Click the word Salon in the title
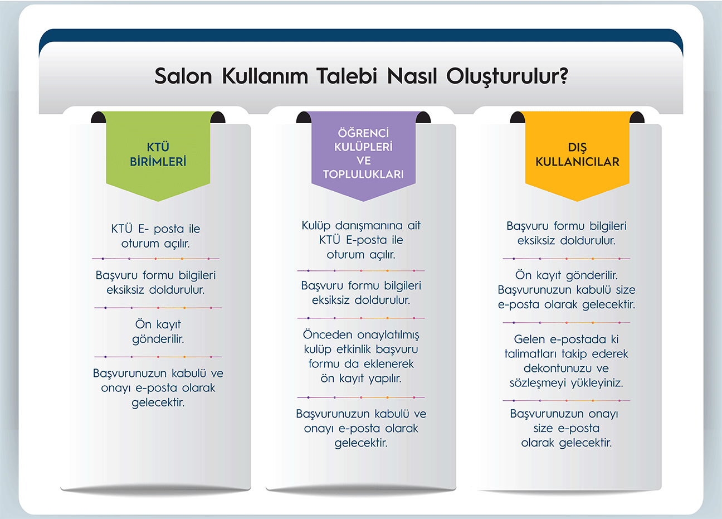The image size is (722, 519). click(x=183, y=76)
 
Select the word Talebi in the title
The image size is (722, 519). click(x=347, y=76)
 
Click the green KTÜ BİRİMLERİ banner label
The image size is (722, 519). click(x=158, y=154)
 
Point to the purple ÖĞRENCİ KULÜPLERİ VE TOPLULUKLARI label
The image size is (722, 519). click(x=363, y=153)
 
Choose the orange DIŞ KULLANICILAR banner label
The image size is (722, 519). click(x=577, y=154)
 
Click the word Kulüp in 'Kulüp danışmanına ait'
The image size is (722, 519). click(x=316, y=225)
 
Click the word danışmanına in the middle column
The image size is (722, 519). click(x=368, y=225)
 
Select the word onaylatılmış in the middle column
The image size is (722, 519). click(x=388, y=335)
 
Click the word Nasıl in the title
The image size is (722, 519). click(x=412, y=76)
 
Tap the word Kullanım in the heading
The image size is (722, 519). click(x=265, y=76)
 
